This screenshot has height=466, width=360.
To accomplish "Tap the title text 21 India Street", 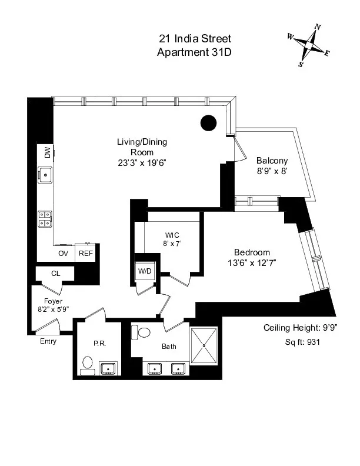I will coord(195,39).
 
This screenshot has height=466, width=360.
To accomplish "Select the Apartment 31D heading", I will coord(195,52).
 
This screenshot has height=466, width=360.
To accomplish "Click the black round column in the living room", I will coord(208,122).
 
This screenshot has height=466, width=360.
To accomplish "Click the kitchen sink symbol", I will coord(45,174).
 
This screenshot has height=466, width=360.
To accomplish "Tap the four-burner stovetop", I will coord(45,219).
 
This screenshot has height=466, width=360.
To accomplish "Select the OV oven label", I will coord(64,254).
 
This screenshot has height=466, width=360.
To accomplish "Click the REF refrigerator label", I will coord(86,254).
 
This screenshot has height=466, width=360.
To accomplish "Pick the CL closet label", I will coord(55,274).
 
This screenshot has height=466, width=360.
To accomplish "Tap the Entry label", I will coord(48,341).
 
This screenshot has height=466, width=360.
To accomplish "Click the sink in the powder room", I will coord(108,369).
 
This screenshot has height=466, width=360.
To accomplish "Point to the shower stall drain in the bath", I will coord(204,346).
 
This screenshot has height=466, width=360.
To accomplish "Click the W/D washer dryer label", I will coord(144,271).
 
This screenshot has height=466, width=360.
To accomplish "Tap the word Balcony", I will coord(272,161).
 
